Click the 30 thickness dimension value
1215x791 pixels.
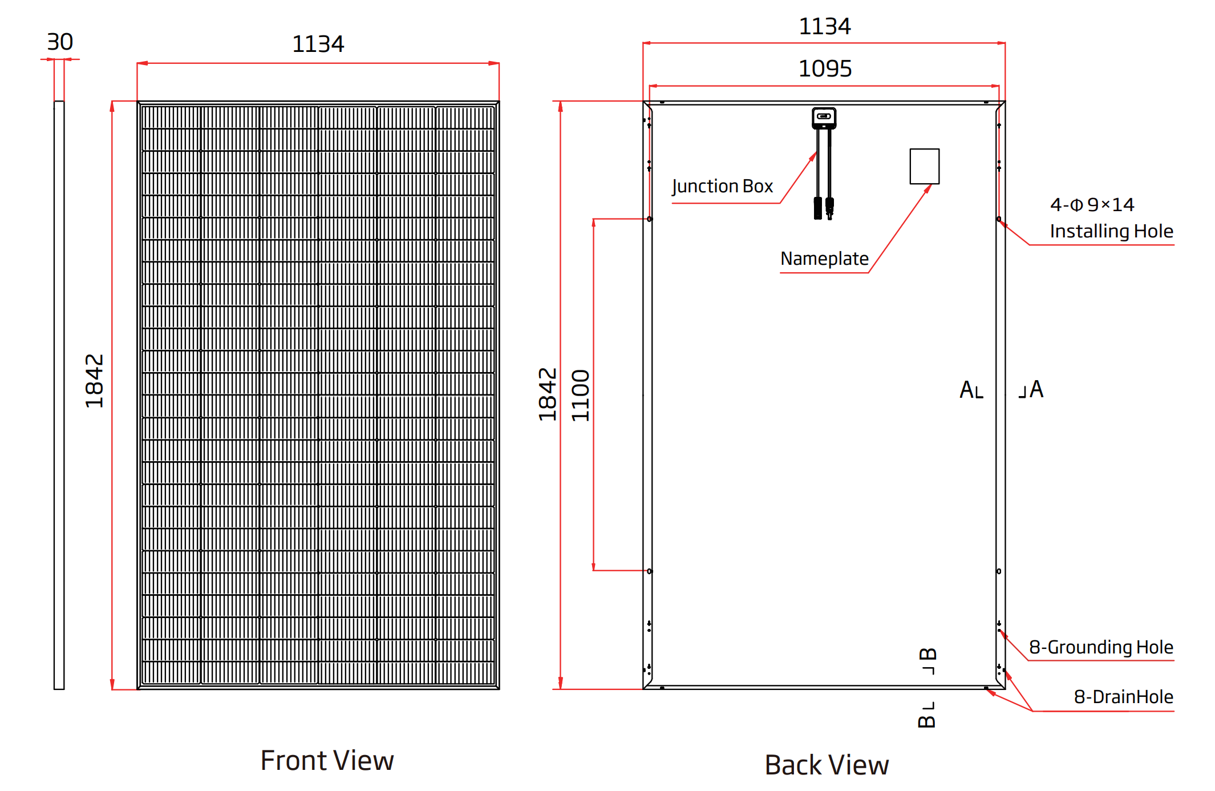(60, 42)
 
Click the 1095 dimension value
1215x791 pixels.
(825, 69)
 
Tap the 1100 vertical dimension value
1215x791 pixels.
(581, 395)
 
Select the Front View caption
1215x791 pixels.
(327, 760)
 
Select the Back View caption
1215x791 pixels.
(827, 765)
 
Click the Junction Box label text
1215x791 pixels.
(722, 187)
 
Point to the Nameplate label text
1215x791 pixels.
(824, 259)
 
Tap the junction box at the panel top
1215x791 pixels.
(824, 118)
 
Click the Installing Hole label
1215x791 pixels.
(1111, 231)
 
